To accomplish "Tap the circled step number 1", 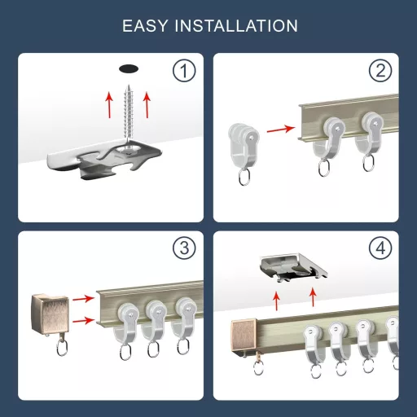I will tap(184, 72).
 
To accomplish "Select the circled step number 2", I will tap(380, 72).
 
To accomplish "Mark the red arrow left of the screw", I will tap(109, 105).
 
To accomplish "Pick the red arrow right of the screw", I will tap(147, 105).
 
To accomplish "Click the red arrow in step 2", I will tap(280, 128).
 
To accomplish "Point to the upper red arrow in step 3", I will tap(81, 301).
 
